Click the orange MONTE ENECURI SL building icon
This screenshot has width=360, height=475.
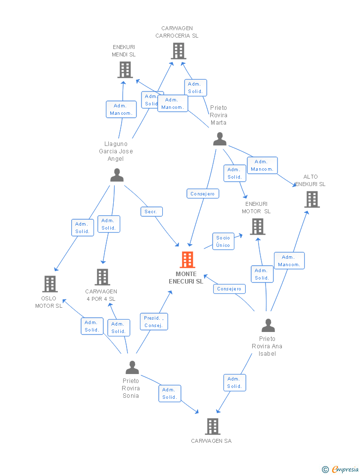[x=187, y=260]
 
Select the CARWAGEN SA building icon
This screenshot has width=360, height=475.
[x=212, y=427]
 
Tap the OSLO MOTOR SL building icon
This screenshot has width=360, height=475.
[x=50, y=284]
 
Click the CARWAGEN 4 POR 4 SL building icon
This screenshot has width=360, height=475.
[x=102, y=277]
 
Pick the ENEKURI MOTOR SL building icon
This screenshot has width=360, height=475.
[x=258, y=227]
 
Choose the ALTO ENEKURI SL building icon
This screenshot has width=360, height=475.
[x=312, y=199]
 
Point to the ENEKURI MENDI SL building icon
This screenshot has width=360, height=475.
[x=125, y=70]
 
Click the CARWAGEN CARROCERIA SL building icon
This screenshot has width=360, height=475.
[x=178, y=51]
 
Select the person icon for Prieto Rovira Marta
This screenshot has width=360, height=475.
[x=220, y=139]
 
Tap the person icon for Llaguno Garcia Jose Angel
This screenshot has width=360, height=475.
[x=117, y=175]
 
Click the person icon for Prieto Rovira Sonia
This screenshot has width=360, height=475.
[x=132, y=368]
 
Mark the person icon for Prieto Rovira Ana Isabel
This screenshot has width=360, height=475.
[x=268, y=326]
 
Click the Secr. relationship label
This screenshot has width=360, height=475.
[x=151, y=212]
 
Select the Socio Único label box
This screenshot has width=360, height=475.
[x=223, y=241]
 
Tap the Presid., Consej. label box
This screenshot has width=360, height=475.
[x=154, y=322]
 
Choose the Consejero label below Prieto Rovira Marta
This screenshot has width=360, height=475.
[x=203, y=194]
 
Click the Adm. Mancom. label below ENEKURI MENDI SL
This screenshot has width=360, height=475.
[x=121, y=109]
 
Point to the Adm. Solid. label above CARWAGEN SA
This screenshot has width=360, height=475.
[x=234, y=382]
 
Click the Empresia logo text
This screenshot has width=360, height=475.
[x=345, y=469]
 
